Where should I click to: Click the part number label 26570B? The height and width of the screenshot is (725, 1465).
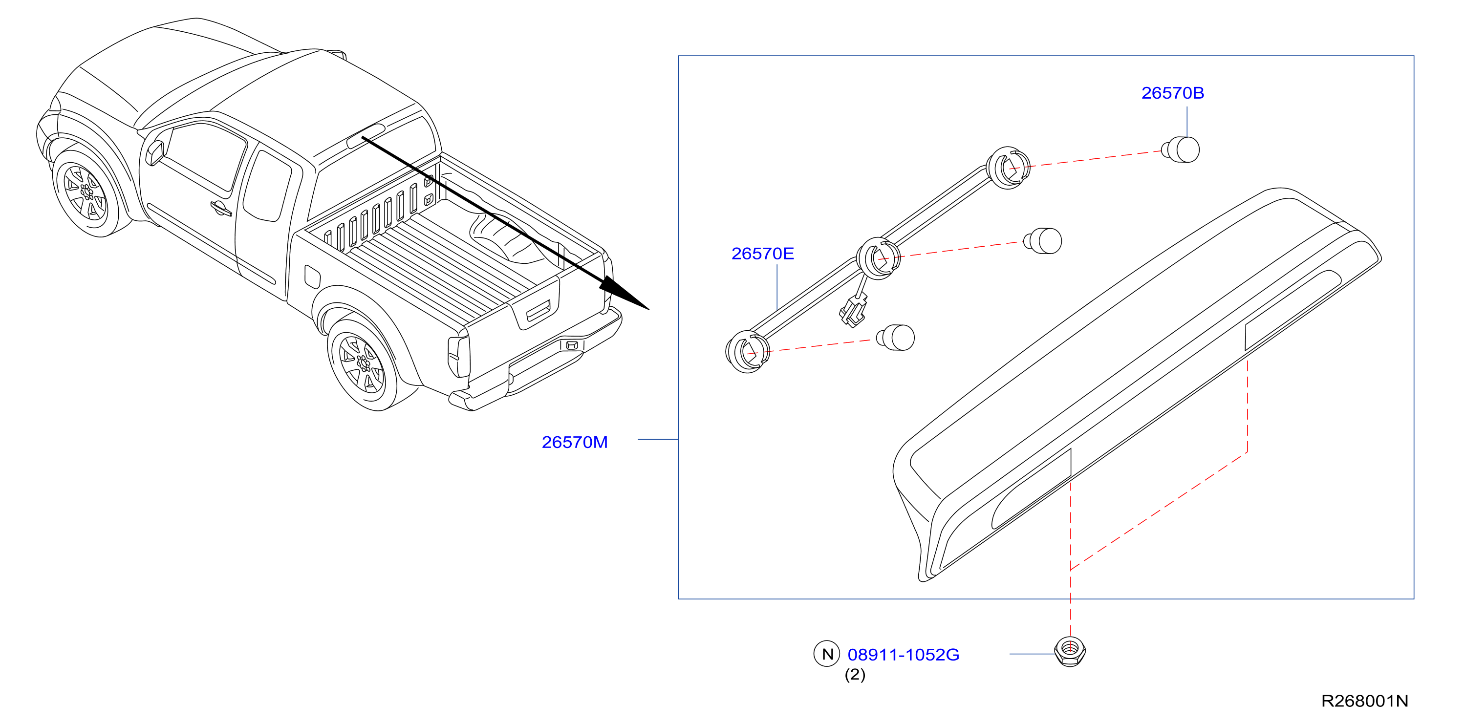(x=1173, y=93)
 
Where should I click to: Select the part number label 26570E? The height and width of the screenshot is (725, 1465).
(x=763, y=253)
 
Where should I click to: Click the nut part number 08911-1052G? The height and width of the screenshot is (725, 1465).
(x=903, y=655)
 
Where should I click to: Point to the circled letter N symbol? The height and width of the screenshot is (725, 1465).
(x=827, y=654)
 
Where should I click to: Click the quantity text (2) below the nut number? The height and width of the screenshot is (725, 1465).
(x=855, y=675)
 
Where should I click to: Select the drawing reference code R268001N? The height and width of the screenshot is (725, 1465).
(x=1364, y=701)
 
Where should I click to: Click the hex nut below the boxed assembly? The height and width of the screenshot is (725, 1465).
(x=1070, y=652)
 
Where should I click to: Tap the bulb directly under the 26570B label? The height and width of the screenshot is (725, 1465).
(x=1181, y=149)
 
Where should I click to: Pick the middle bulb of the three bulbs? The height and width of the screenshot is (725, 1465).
(x=1043, y=241)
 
